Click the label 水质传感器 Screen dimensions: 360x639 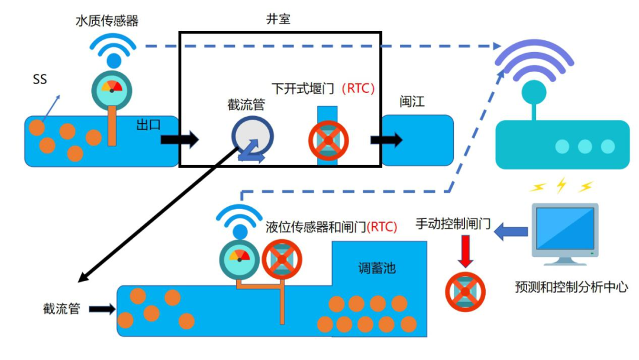(x=107, y=21)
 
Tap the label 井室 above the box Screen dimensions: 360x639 (x=278, y=20)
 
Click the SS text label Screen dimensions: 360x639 (x=40, y=79)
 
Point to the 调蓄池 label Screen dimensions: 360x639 (x=377, y=268)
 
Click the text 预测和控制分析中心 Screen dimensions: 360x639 (x=572, y=288)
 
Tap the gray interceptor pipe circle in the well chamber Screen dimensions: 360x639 (x=252, y=137)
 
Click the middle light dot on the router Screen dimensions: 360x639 (x=585, y=146)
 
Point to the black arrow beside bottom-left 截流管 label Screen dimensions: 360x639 (x=101, y=308)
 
